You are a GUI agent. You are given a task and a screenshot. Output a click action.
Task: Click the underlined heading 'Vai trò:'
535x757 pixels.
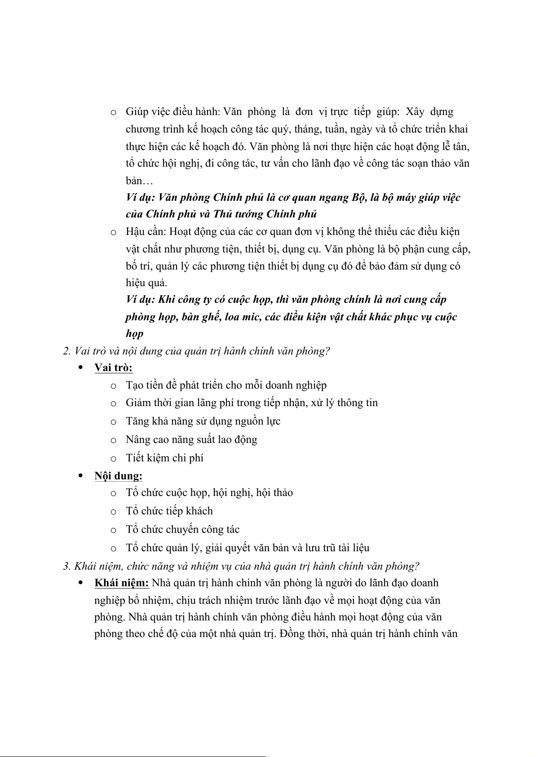[x=113, y=367]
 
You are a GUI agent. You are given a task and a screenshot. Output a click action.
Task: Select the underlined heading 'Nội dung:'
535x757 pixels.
[x=118, y=476]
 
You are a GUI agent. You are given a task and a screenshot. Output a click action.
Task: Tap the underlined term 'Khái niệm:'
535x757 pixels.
[x=121, y=583]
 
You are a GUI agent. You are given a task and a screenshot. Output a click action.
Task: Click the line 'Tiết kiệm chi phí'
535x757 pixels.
[x=164, y=458]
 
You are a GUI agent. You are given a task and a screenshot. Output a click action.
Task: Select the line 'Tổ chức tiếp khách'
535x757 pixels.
[x=169, y=511]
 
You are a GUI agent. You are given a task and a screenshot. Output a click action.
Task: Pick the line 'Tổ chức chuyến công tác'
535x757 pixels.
[x=182, y=529]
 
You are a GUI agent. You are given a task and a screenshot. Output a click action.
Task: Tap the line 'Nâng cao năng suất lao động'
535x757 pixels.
[x=191, y=439]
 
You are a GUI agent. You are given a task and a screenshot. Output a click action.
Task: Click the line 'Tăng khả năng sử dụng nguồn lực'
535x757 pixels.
[x=203, y=421]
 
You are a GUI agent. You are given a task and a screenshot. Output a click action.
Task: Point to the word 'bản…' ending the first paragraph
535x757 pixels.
[x=139, y=181]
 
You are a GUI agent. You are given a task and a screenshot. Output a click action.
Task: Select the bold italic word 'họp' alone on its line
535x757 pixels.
[x=134, y=334]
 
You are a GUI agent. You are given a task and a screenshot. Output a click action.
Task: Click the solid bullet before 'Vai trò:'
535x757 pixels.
[x=81, y=367]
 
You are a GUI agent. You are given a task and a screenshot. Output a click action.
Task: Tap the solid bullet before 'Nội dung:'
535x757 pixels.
[x=81, y=475]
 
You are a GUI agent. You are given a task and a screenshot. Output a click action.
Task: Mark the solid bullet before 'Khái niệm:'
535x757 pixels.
[x=81, y=583]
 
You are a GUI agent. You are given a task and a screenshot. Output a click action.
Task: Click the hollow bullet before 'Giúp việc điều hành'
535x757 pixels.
[x=114, y=112]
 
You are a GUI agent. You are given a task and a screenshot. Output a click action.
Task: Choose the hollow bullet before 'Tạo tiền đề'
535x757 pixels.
[x=114, y=386]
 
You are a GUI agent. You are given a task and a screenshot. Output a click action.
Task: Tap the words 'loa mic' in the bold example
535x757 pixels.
[x=243, y=317]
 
